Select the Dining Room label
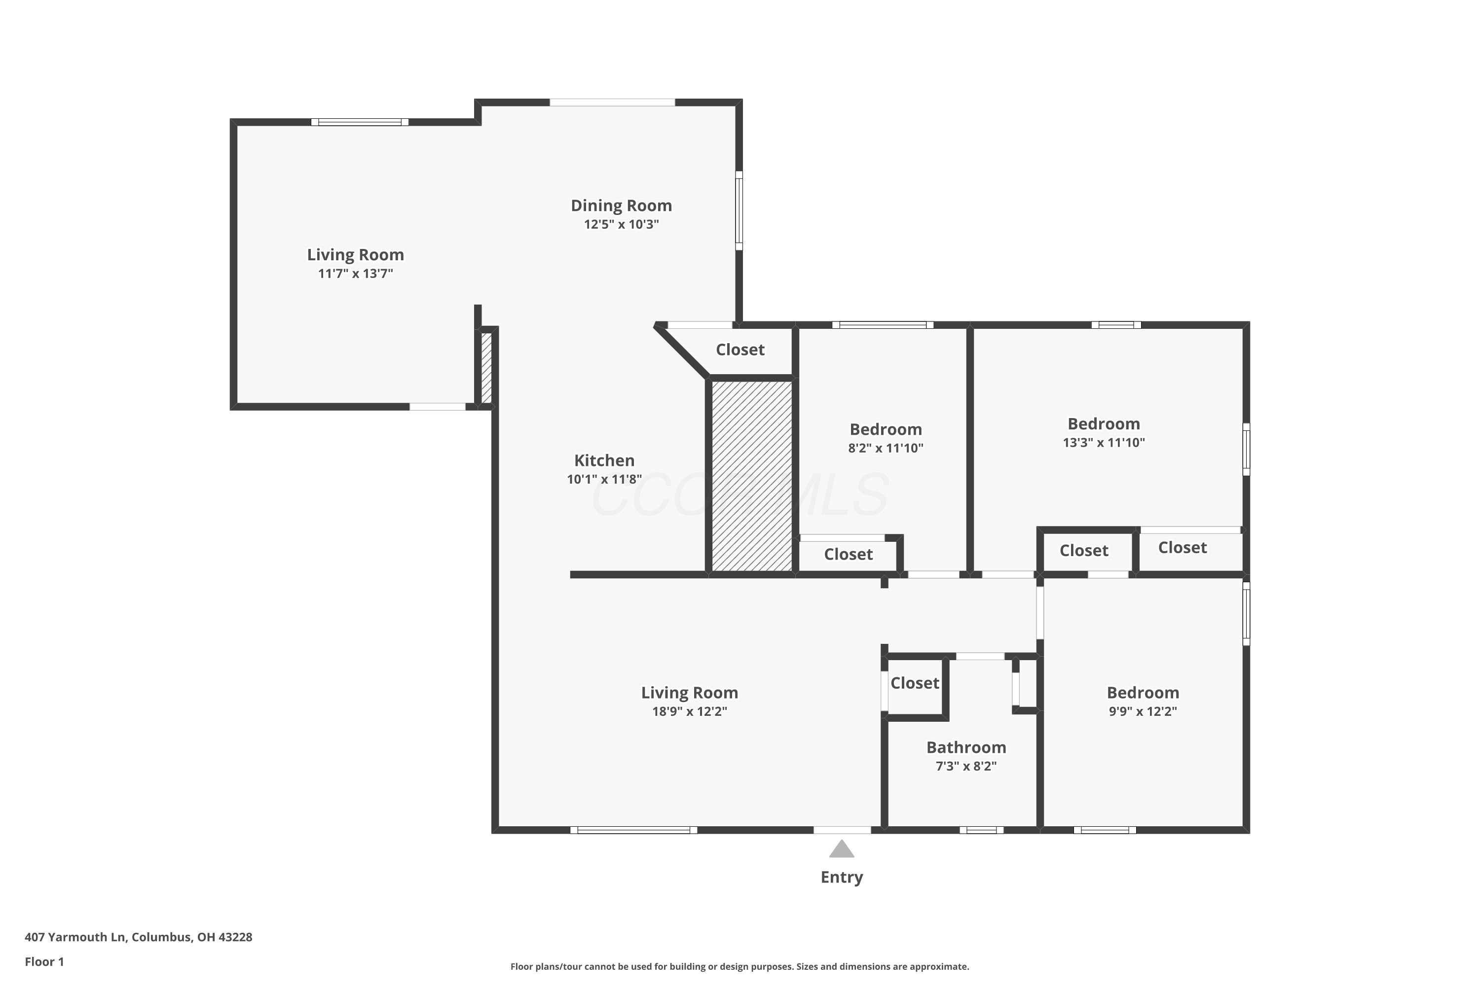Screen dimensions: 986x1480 (621, 206)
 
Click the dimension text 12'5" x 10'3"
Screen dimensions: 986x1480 (621, 224)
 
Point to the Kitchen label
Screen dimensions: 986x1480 (604, 460)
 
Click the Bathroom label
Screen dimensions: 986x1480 (966, 748)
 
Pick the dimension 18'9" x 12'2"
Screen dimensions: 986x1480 (690, 711)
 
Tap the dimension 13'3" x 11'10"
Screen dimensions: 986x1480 (1104, 443)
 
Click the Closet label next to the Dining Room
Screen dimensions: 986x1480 (740, 350)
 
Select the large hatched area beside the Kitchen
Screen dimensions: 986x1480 (752, 476)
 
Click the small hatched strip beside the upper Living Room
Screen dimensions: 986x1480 (486, 368)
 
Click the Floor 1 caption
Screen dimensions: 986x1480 (44, 961)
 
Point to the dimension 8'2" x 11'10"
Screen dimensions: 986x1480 (886, 448)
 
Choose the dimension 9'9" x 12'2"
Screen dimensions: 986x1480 (1143, 711)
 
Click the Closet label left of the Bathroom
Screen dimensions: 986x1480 (914, 683)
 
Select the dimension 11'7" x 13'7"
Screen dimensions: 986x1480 (356, 274)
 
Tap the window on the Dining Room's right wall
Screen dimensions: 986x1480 (740, 211)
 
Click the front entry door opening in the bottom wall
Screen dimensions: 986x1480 (842, 830)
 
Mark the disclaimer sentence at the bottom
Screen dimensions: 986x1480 (740, 966)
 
